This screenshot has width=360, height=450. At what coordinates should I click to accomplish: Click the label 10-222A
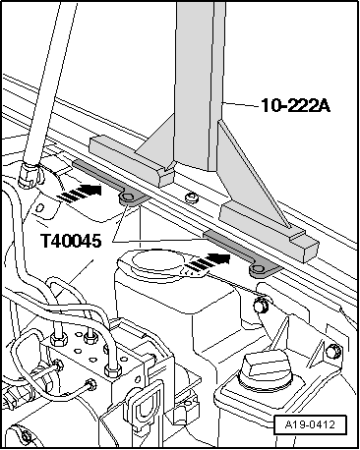(295, 105)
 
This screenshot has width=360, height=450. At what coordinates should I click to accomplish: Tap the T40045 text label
(71, 241)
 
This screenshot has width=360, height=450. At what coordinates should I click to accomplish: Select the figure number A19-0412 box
(310, 424)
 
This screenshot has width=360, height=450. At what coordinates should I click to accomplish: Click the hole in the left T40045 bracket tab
(127, 197)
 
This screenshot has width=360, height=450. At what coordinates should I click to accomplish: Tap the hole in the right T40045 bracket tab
(258, 269)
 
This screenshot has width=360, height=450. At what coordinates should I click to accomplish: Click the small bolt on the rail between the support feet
(191, 197)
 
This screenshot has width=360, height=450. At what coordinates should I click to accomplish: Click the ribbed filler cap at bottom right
(266, 369)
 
